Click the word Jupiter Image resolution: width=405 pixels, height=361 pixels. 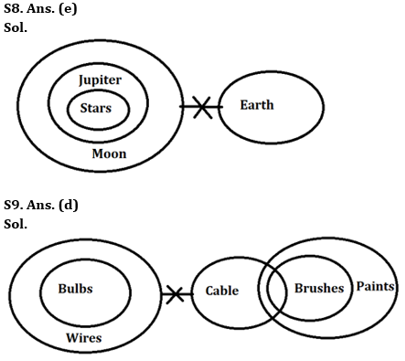[100, 80]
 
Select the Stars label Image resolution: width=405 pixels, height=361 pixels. [96, 109]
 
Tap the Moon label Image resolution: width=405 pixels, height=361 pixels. [109, 154]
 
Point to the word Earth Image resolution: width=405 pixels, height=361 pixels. [256, 105]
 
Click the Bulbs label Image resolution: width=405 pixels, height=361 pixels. [75, 288]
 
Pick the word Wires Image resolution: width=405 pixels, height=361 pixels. [83, 337]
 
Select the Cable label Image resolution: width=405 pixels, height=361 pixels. [221, 292]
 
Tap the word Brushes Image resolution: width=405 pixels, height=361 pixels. [319, 288]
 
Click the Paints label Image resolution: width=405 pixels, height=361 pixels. [376, 287]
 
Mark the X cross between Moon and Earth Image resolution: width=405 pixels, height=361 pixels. [200, 108]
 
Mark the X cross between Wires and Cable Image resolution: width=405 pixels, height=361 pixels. [174, 294]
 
